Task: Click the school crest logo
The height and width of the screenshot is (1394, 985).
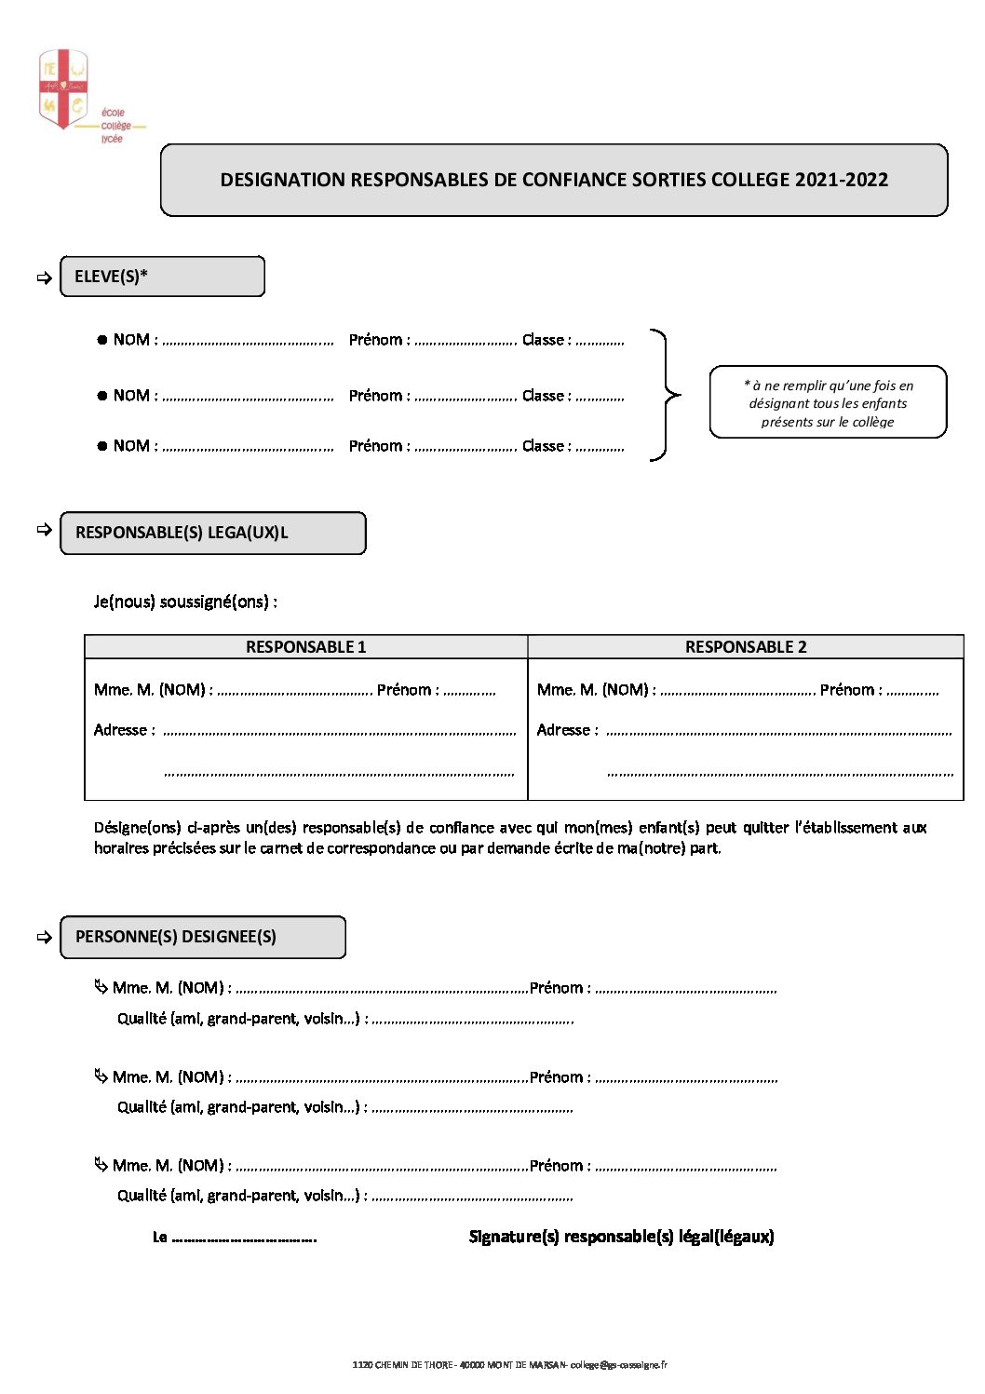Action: (62, 89)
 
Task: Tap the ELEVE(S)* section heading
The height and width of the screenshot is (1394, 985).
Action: (112, 277)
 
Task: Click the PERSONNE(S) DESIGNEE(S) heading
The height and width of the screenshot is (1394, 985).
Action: (176, 937)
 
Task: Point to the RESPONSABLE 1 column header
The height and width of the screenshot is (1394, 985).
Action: (305, 647)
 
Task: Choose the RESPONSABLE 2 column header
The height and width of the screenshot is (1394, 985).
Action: (746, 647)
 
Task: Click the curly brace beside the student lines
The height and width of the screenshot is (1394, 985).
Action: (666, 395)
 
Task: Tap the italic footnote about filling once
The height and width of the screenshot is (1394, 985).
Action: (828, 402)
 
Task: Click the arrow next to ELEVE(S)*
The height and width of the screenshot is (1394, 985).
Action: (44, 277)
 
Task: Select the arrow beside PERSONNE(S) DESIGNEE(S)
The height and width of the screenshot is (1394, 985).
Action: (44, 938)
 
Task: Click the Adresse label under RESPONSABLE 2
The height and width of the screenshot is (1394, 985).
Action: (567, 730)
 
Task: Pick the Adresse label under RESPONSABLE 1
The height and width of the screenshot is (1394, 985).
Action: (124, 730)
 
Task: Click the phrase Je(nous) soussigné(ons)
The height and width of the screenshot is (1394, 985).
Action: (185, 602)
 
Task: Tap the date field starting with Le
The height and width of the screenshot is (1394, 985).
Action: (235, 1238)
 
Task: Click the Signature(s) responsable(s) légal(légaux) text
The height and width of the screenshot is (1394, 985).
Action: (621, 1237)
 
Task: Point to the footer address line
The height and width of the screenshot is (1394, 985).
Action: (509, 1365)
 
